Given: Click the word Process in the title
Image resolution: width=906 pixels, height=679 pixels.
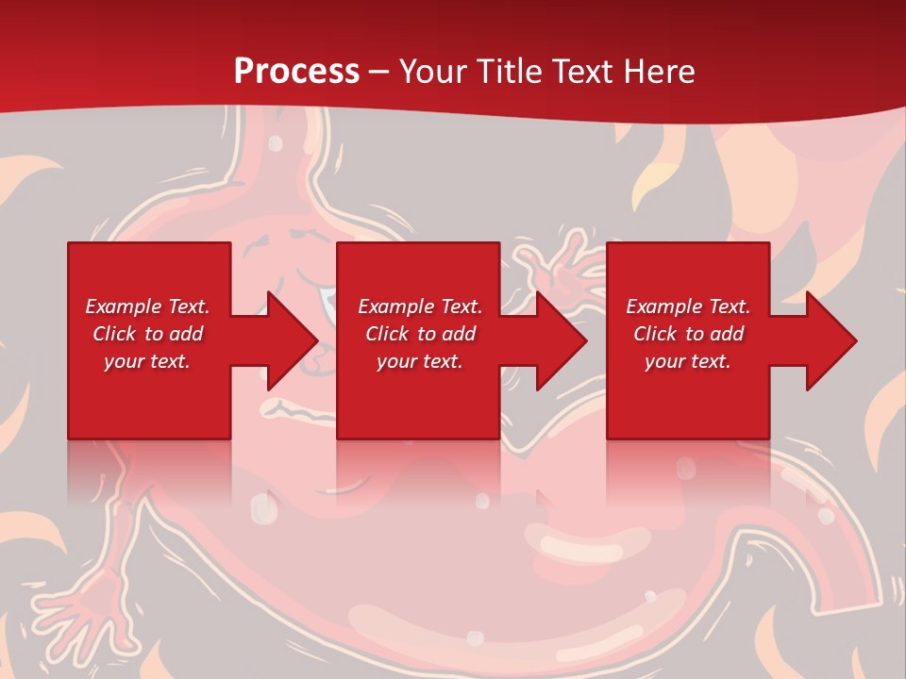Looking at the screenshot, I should click(x=296, y=72).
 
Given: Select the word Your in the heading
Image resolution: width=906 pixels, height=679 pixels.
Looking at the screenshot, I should click(x=432, y=72).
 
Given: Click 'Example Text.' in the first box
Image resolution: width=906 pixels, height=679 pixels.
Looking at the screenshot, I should click(x=147, y=306).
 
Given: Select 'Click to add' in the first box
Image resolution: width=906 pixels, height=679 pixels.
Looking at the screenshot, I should click(x=147, y=334).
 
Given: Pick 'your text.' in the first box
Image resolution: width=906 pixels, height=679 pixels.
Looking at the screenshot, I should click(x=147, y=361).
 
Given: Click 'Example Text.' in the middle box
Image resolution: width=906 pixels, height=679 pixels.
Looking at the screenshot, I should click(x=420, y=306).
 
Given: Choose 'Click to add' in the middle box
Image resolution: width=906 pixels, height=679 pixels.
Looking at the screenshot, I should click(x=420, y=334).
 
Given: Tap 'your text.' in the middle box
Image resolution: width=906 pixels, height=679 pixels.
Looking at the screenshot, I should click(x=420, y=361).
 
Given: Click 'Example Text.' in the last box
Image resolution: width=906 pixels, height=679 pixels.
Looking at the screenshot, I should click(x=688, y=306).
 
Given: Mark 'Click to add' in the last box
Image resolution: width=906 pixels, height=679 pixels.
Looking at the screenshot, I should click(x=688, y=334).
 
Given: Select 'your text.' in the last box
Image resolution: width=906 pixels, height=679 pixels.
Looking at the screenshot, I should click(x=688, y=361).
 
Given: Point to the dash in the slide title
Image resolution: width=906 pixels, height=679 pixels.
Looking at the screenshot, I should click(x=379, y=73).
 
